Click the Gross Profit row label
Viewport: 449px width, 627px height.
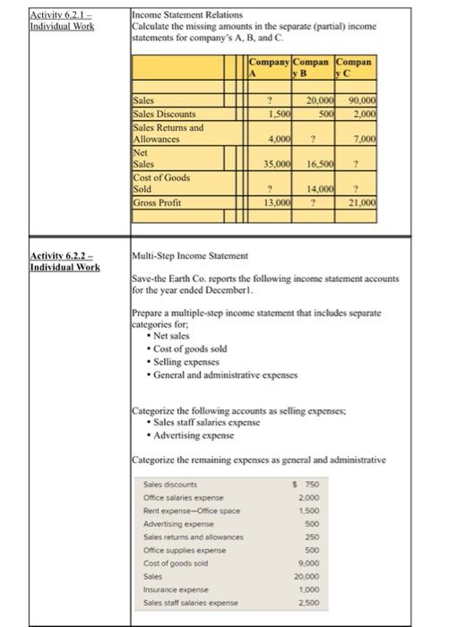157,202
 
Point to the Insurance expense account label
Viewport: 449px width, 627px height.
175,579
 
